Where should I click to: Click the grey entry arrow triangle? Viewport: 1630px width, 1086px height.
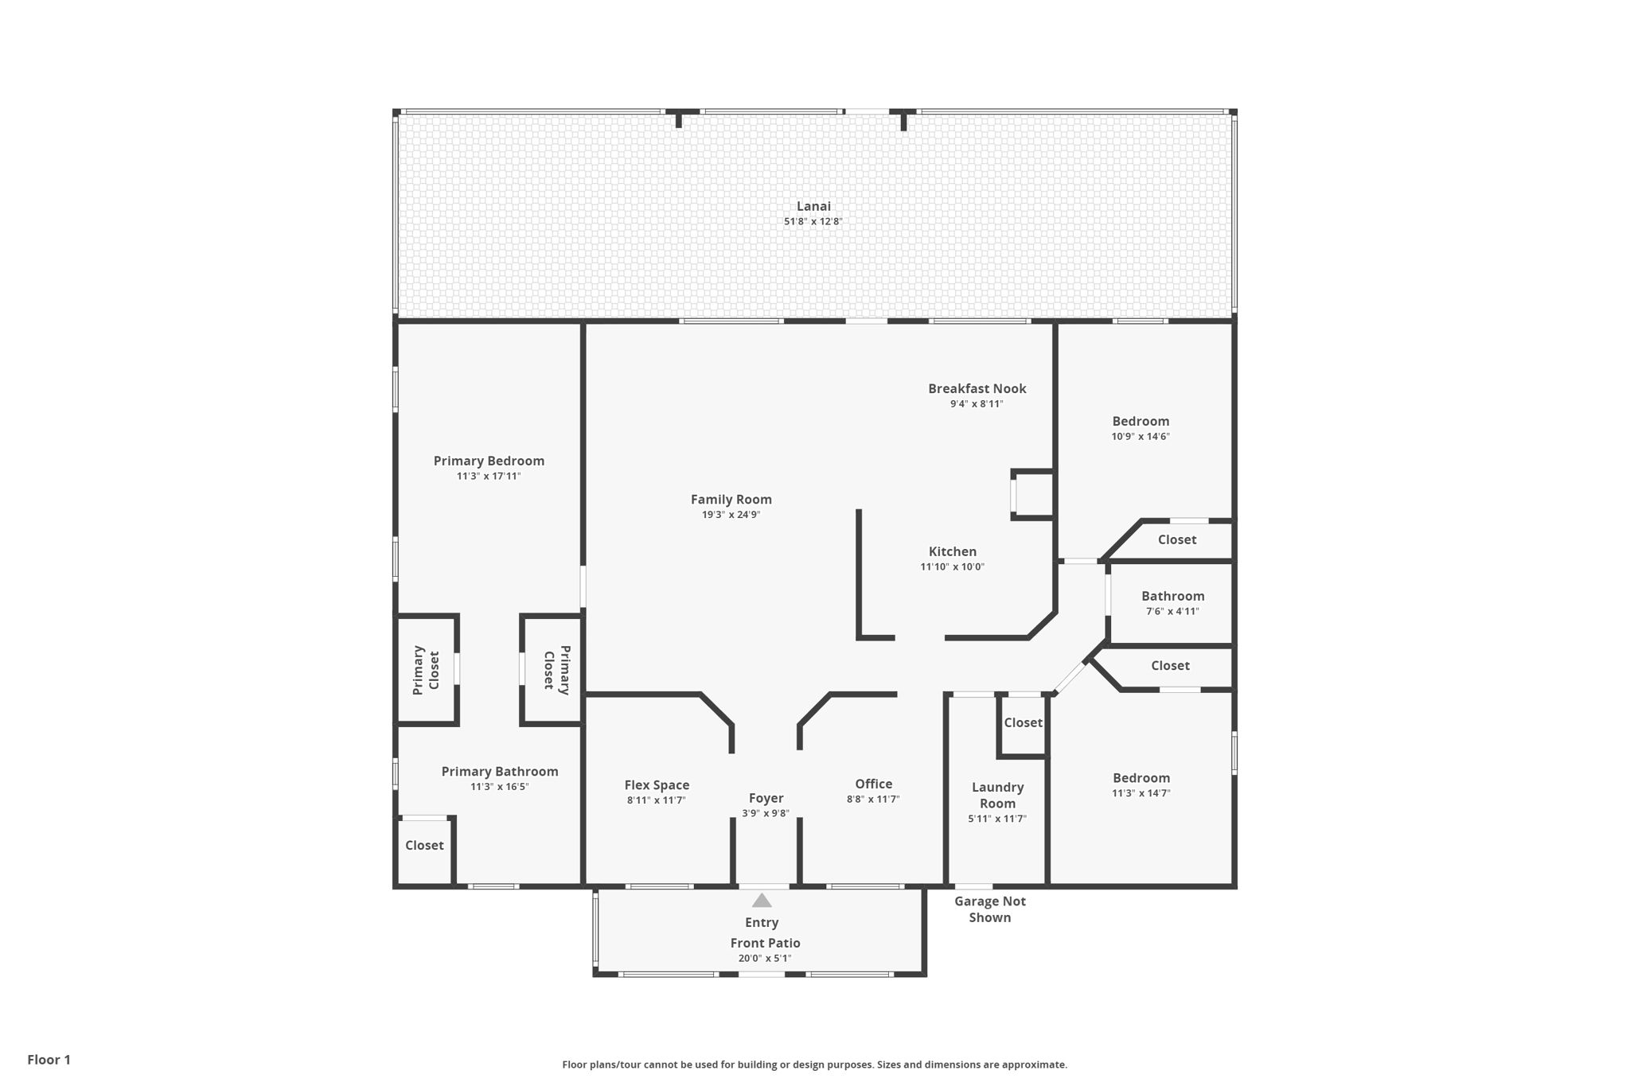762,901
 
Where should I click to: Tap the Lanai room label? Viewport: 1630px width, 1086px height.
813,207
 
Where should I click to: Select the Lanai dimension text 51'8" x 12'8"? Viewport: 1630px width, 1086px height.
813,222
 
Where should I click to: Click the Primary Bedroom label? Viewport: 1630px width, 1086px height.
489,461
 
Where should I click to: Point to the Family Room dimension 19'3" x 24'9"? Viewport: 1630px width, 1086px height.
731,515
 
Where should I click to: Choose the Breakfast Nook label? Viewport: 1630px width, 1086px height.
977,389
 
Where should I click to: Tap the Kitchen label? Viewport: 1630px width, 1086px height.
952,551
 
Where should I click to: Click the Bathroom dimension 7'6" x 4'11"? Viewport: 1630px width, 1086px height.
1172,612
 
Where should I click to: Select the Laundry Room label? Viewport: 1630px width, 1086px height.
997,796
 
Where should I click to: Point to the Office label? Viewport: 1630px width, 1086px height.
873,784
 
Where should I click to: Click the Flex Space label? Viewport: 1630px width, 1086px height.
657,785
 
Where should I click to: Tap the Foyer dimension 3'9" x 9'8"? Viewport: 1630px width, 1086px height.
765,814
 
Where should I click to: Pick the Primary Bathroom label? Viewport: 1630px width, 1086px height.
500,772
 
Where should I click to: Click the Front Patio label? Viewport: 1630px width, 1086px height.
765,944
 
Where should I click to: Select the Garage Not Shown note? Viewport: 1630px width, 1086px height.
989,909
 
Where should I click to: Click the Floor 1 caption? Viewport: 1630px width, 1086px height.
49,1060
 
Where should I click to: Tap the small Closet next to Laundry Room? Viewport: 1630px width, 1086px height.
1023,723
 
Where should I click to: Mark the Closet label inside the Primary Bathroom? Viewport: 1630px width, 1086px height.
424,846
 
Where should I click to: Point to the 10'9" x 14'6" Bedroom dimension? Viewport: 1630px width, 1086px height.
1141,437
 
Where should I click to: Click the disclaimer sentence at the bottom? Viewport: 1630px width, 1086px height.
814,1065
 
